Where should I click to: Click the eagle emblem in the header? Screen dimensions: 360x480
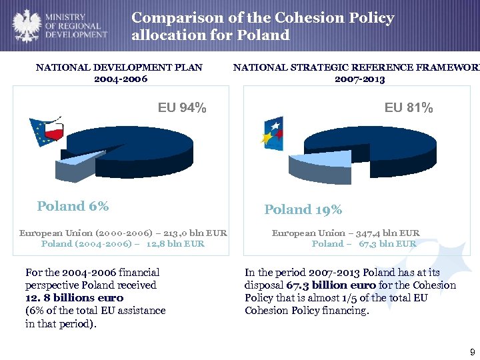25,25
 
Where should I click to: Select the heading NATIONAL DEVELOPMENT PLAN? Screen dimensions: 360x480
119,67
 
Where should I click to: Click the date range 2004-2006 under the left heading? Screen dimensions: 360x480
119,79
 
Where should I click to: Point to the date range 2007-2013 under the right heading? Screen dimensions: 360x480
359,79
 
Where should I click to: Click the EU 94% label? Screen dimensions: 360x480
181,107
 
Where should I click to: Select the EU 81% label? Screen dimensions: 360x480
408,107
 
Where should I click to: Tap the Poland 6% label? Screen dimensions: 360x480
73,207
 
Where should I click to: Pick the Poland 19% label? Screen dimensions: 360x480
303,210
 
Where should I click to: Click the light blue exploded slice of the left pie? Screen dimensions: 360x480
77,165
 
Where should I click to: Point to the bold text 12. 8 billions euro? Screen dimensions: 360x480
74,298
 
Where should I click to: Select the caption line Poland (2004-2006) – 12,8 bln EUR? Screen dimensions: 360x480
123,244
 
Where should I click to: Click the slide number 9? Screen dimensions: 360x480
472,351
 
